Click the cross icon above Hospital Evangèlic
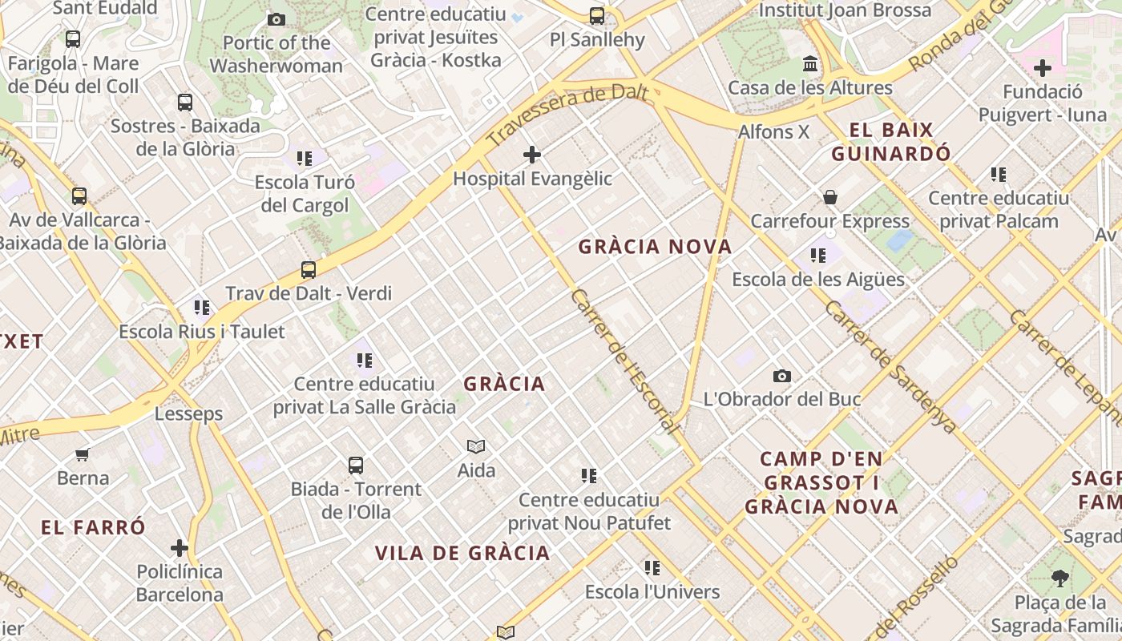532,155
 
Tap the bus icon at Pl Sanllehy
597,15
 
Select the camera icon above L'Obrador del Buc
782,376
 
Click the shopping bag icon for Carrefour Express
830,197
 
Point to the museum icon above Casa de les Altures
810,64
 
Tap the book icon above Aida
476,446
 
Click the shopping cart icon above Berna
82,455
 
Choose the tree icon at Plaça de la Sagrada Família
1059,579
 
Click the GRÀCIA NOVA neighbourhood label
655,247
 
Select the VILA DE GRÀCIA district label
462,553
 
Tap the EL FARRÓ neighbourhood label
94,527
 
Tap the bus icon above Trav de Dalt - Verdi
309,270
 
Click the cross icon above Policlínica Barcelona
180,549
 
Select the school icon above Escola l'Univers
652,568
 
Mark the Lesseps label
188,414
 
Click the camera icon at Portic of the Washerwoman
276,19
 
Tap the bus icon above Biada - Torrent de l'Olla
356,466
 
